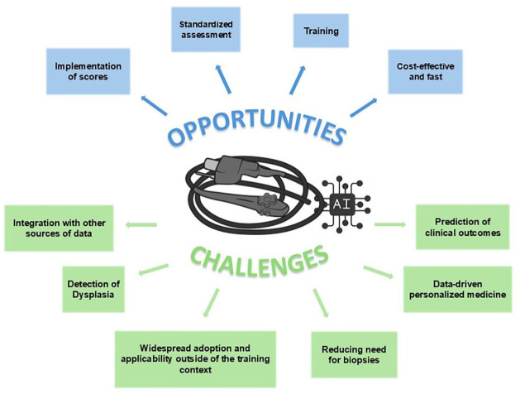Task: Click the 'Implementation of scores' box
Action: click(90, 72)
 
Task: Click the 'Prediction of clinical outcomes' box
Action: click(463, 228)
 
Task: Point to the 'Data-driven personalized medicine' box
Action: click(457, 288)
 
